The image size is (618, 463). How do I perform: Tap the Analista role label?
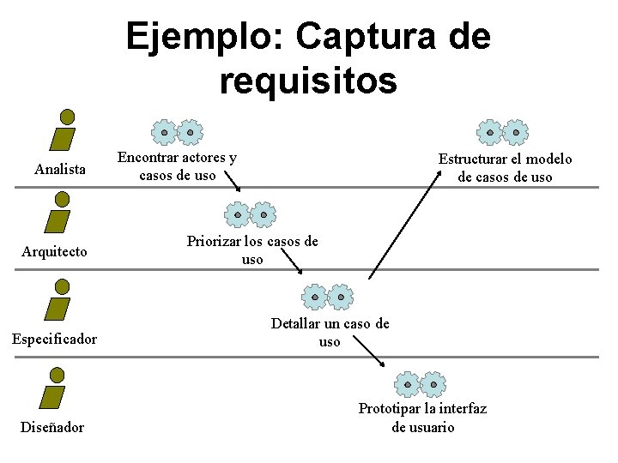[x=60, y=170]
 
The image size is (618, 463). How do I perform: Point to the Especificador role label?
[x=54, y=340]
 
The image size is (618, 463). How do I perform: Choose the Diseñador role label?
[x=52, y=427]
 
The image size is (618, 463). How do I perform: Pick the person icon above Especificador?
[x=58, y=299]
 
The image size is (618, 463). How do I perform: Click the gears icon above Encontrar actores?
[x=177, y=132]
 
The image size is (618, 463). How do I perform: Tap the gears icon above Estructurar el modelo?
[x=502, y=132]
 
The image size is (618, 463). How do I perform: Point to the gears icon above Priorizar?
[x=250, y=214]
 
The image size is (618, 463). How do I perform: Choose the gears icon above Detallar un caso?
[x=327, y=297]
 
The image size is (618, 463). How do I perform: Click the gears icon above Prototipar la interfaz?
[x=420, y=383]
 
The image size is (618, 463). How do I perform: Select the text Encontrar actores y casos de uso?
[x=178, y=166]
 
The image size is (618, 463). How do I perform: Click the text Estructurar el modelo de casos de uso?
[x=505, y=168]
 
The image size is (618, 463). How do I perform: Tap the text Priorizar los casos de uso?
[x=252, y=250]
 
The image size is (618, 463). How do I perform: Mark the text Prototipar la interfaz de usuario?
[x=422, y=418]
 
